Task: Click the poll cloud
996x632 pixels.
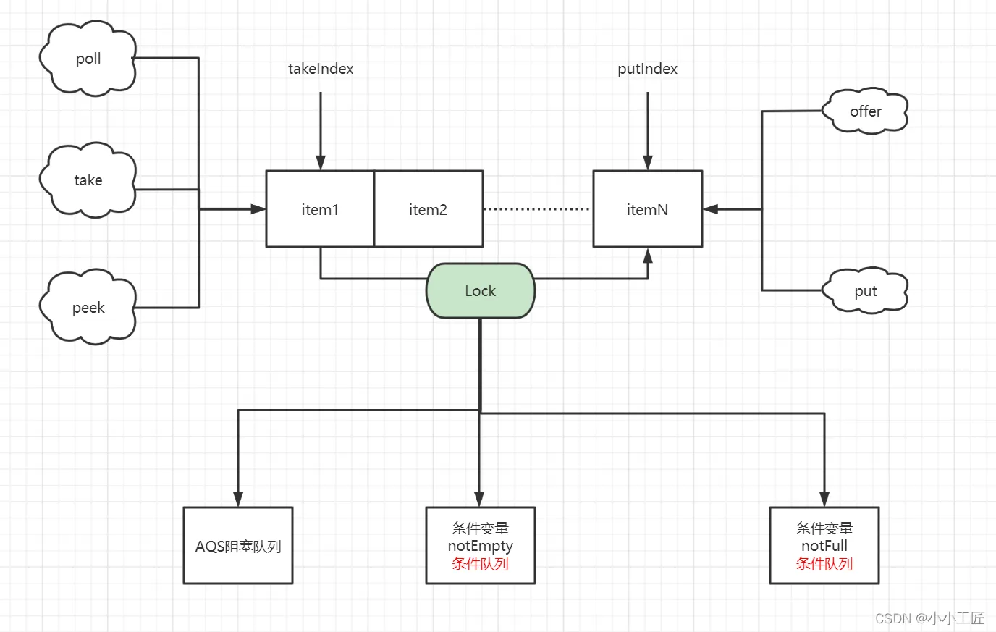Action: [x=88, y=58]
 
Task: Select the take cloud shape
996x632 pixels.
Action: [x=88, y=180]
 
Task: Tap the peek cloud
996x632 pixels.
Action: [x=88, y=307]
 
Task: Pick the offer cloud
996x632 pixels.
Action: [x=865, y=111]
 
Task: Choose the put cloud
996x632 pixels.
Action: [x=865, y=291]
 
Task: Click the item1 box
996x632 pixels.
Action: [x=320, y=208]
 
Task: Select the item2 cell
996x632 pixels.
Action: [x=429, y=208]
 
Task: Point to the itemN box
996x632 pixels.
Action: [x=648, y=208]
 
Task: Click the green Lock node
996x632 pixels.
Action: [x=480, y=290]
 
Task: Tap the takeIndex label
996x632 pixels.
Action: [x=321, y=69]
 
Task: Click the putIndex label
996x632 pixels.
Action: [x=647, y=69]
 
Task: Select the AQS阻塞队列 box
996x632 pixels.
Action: [x=238, y=545]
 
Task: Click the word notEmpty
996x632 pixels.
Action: [x=480, y=546]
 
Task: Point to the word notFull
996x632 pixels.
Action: [x=824, y=545]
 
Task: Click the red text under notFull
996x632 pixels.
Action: [x=824, y=563]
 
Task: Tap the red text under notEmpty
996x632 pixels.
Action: [x=480, y=563]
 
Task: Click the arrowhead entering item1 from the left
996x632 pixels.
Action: [x=258, y=208]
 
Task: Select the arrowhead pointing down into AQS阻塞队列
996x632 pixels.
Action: [x=238, y=500]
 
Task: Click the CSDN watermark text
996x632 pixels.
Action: [x=929, y=618]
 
